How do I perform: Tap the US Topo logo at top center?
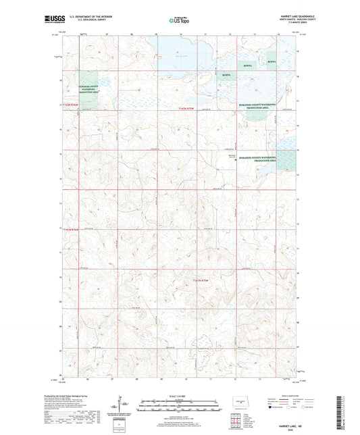179,20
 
